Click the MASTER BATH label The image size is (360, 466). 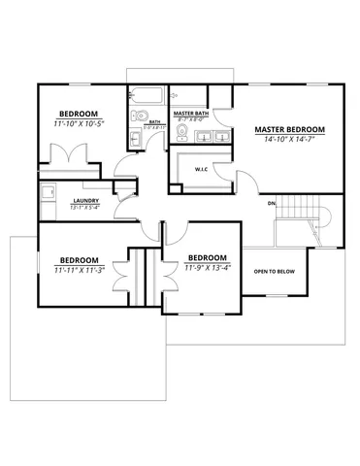tap(190, 114)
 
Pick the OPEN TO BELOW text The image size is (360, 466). tap(274, 271)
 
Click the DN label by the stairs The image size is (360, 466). tap(272, 204)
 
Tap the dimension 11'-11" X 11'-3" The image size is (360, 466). tap(79, 271)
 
